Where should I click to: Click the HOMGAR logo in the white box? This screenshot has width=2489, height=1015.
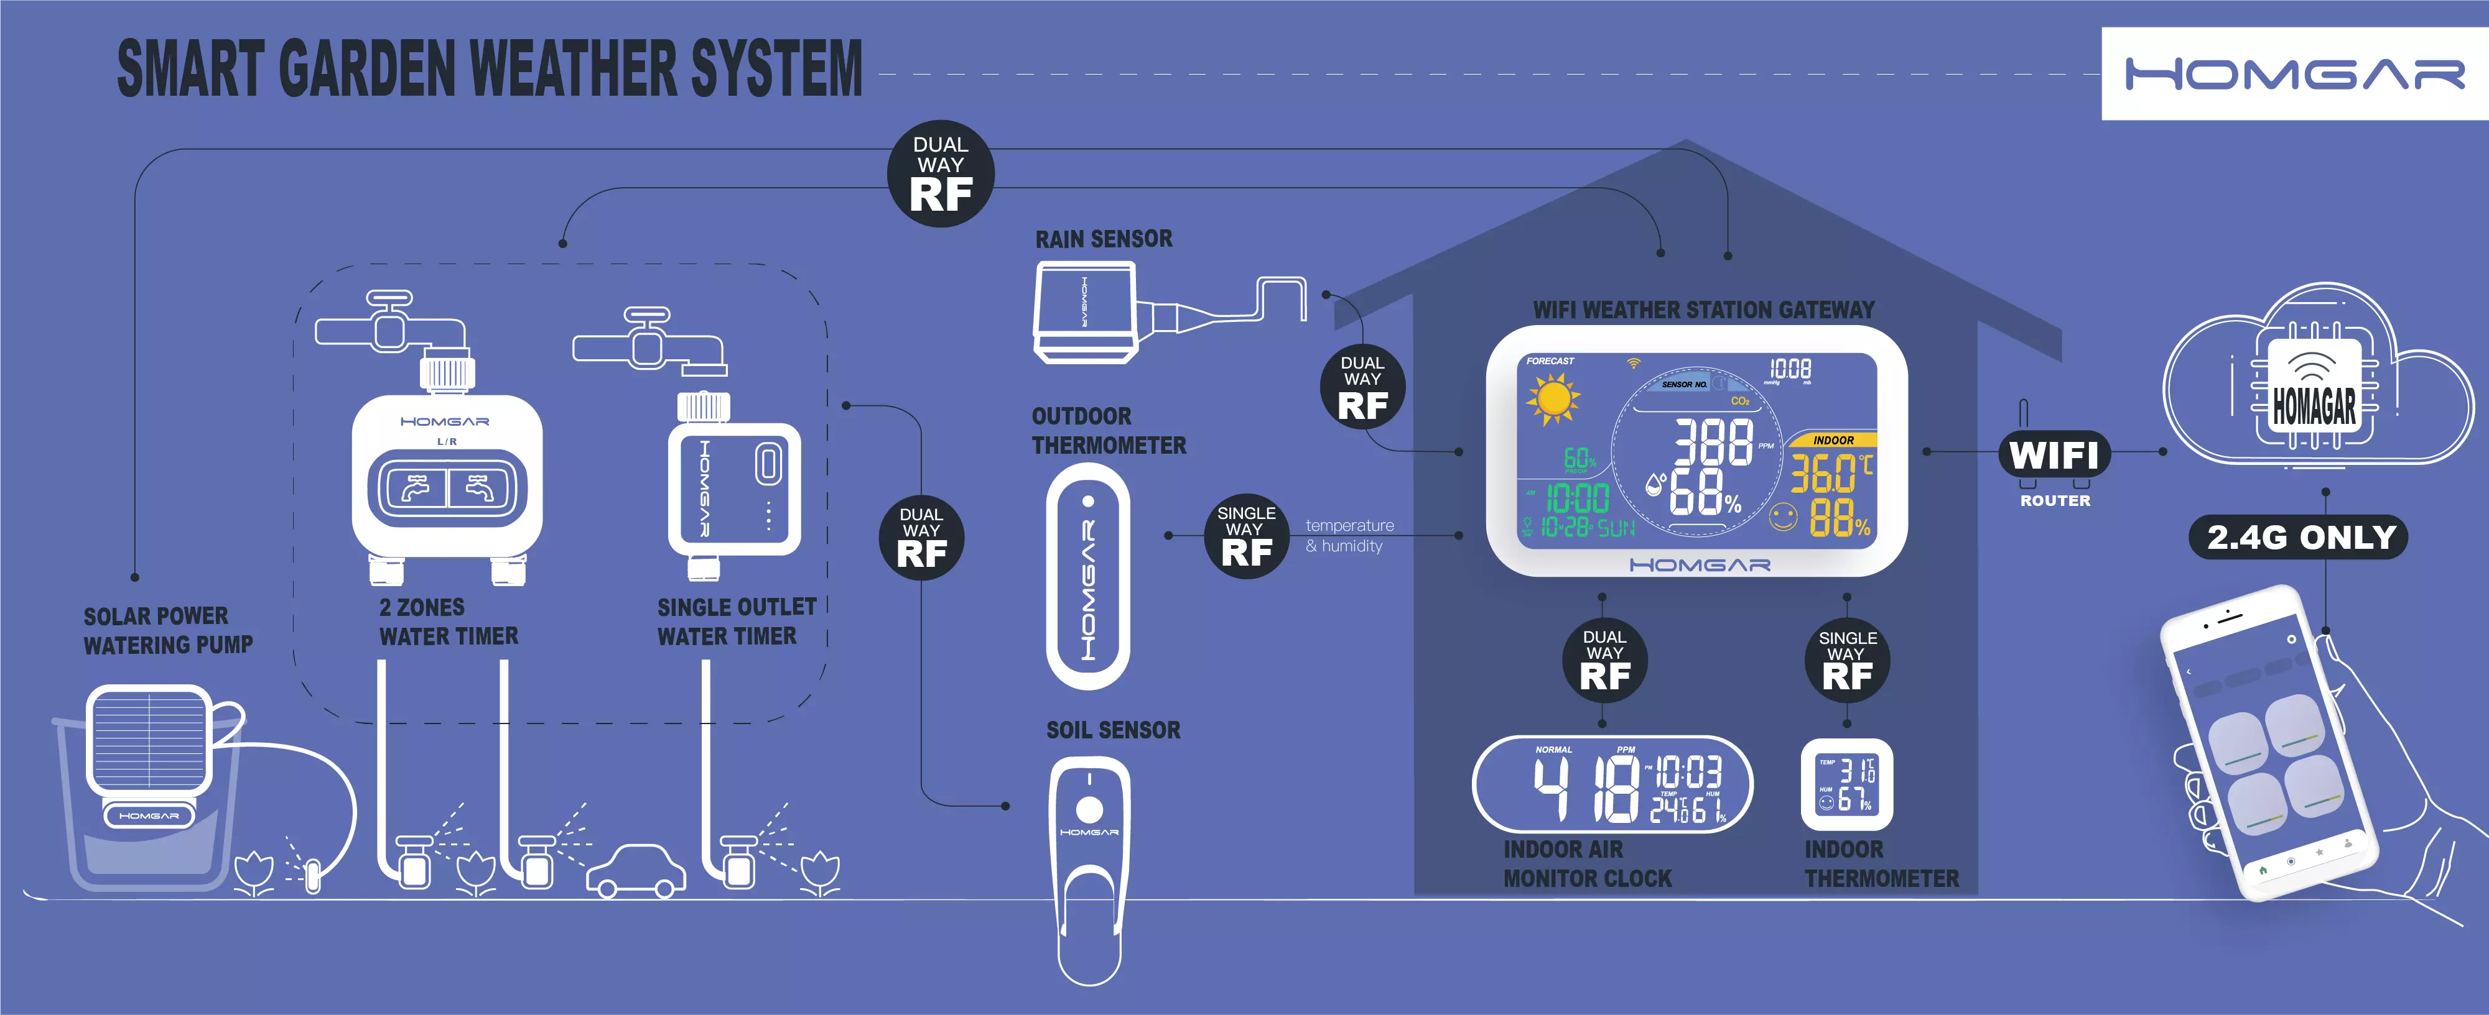pyautogui.click(x=2294, y=73)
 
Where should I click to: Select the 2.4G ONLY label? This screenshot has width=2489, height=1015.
pyautogui.click(x=2301, y=537)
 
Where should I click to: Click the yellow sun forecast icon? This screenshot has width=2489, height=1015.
pyautogui.click(x=1552, y=398)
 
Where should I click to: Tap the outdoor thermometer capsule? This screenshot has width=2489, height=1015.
pyautogui.click(x=1088, y=577)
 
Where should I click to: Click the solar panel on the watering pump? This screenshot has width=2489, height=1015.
pyautogui.click(x=149, y=739)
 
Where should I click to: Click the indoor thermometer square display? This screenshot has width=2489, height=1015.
pyautogui.click(x=1846, y=784)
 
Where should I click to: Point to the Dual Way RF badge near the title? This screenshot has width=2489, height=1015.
pyautogui.click(x=940, y=174)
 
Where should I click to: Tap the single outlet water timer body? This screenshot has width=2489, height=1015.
pyautogui.click(x=734, y=488)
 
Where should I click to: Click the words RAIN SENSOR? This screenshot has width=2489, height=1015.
pyautogui.click(x=1104, y=239)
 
